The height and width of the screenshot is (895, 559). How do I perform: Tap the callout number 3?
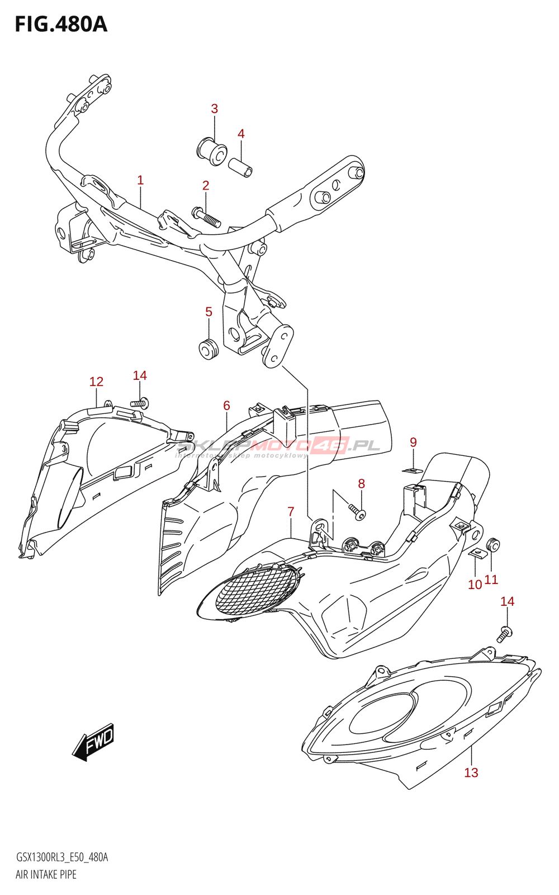click(x=214, y=109)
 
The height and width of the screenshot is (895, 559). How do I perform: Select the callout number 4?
click(x=241, y=134)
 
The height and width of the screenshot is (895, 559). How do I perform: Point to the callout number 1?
click(x=140, y=180)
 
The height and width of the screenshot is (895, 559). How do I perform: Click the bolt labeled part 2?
click(x=206, y=216)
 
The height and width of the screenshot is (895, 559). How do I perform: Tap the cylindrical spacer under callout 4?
click(x=240, y=167)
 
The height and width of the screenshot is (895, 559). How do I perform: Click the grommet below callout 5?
click(x=209, y=348)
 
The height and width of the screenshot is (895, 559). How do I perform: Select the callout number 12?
click(x=96, y=381)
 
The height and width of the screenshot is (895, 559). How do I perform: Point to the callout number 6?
click(x=226, y=406)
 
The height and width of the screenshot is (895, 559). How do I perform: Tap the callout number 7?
click(x=291, y=511)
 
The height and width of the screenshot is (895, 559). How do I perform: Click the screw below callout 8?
click(x=357, y=511)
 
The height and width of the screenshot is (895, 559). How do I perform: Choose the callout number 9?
click(x=413, y=442)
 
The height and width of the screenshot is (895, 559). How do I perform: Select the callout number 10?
click(x=475, y=585)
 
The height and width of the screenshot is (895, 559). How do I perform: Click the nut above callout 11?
click(x=493, y=544)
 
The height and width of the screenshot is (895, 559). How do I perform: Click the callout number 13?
click(x=471, y=772)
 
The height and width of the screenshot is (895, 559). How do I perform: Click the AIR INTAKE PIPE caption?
click(x=46, y=874)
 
